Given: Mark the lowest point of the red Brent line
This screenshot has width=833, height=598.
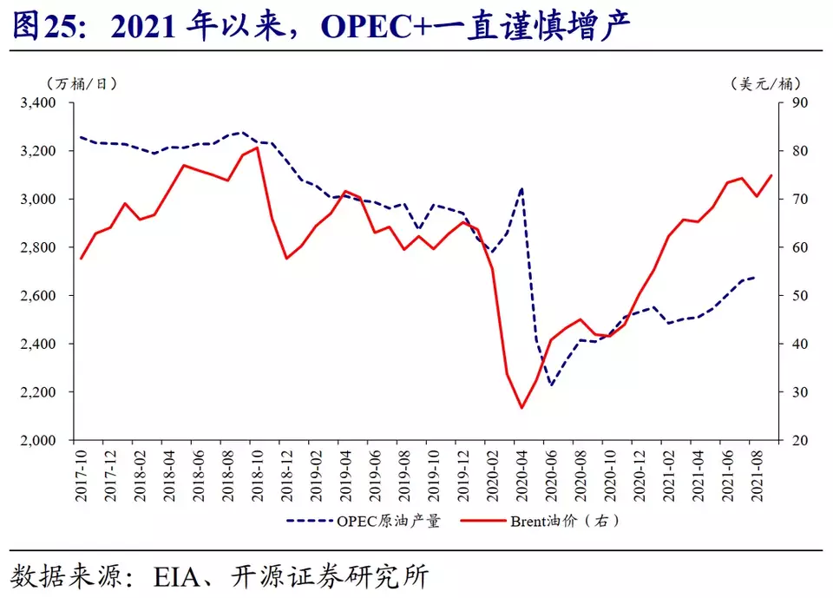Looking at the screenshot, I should coord(521,408).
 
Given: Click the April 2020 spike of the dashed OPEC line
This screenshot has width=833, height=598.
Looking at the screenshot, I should coord(521,187).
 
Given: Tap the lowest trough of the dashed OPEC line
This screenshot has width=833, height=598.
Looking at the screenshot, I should coord(550,385).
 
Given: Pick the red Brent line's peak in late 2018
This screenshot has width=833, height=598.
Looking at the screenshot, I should coord(257,148).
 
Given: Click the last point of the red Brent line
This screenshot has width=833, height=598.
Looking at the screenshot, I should coord(771,175).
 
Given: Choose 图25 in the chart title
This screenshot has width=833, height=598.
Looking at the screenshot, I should coord(43,27).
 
